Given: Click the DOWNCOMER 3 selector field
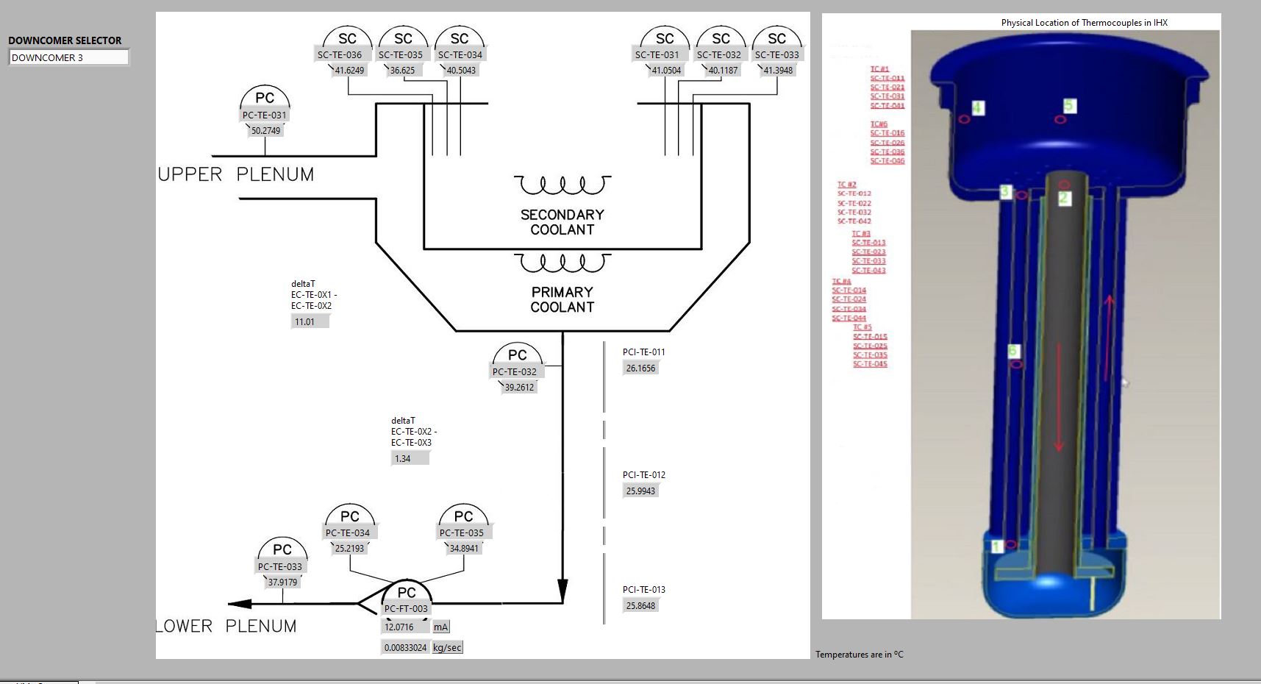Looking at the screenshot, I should coord(68,57).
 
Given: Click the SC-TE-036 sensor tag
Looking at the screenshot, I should coord(340,54).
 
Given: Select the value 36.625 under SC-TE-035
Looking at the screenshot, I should coord(402,71).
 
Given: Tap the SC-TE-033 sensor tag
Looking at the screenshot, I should coord(776,54).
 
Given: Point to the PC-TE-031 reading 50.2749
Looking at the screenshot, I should coord(265,131).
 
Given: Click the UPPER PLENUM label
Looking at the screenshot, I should coord(236,174).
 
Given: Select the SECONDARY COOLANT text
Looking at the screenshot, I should coord(562,222).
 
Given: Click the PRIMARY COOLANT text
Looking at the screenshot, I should coord(562,299).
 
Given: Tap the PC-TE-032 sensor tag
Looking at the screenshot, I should coord(515,371).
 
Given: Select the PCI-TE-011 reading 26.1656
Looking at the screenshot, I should coord(640,368).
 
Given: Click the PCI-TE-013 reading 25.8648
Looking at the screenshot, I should coord(640,606).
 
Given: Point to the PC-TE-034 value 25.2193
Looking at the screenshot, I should coord(349,549).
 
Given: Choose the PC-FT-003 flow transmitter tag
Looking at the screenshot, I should coord(406,608).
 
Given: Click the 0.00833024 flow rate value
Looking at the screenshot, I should coord(405,648).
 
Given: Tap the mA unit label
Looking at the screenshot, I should coord(440,627).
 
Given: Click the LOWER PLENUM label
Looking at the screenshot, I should coord(226,626).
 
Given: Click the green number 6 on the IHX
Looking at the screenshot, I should coord(1013,351).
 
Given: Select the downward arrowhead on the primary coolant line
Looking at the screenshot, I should coord(562,590).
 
